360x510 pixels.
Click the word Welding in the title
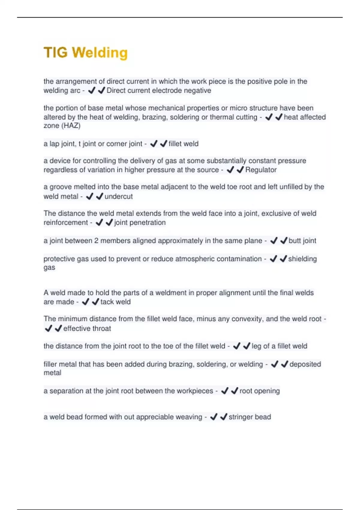point(100,52)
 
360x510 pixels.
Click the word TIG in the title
point(55,52)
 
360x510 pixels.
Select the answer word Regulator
point(261,170)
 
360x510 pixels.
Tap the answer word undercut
point(118,196)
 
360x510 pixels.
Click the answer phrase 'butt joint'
point(302,241)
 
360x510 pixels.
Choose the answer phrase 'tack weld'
point(115,302)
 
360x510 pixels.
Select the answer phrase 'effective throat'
point(87,328)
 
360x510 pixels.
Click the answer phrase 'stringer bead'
point(250,417)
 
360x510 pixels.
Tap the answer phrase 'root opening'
point(259,391)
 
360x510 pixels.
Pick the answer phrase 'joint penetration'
point(140,223)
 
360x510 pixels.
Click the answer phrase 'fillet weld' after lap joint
point(183,144)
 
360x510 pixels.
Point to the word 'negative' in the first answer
point(197,91)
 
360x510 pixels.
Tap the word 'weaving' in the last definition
point(189,417)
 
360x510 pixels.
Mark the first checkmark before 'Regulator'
point(230,170)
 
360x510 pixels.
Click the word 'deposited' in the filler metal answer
point(305,364)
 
